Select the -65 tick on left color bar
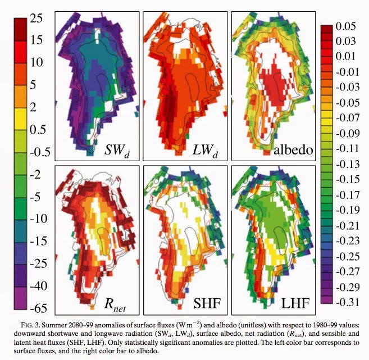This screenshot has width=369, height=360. point(35,308)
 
